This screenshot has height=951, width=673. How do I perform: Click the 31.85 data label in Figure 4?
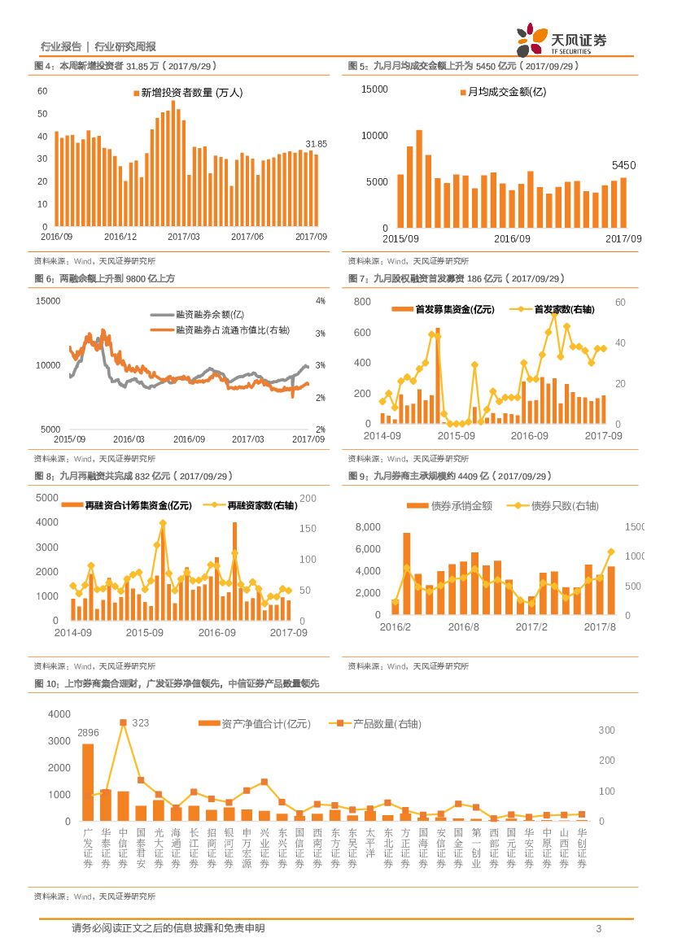(316, 144)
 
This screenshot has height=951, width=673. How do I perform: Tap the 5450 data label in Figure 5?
(623, 165)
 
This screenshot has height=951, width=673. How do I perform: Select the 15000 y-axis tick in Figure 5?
(374, 89)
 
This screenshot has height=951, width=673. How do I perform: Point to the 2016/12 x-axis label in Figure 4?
(120, 236)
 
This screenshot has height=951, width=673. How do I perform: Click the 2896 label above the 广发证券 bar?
(88, 733)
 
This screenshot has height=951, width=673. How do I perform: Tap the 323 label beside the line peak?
(141, 722)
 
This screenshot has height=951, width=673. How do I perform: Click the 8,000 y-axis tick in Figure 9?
(369, 528)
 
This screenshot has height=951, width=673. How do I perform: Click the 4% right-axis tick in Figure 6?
(321, 301)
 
